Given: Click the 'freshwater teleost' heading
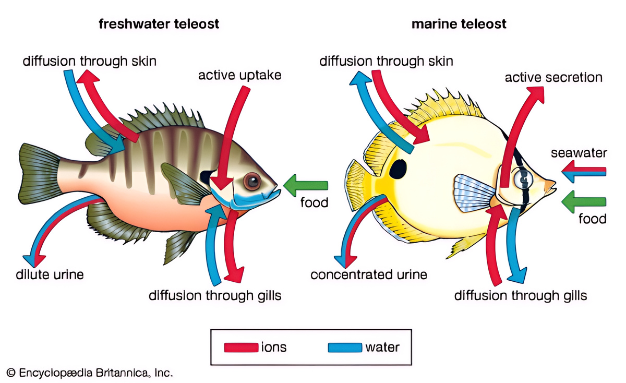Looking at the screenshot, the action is point(159,24).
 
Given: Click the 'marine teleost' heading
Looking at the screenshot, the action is point(459,24).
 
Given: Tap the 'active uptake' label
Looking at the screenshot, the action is point(239,75).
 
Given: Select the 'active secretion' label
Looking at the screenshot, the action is point(553,78).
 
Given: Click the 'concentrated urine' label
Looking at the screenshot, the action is point(369,274).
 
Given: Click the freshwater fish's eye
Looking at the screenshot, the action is point(253,182).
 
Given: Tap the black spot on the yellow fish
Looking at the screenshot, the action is point(398,169).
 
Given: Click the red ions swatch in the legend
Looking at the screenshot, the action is point(241,347).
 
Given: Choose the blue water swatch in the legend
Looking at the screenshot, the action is point(345,347).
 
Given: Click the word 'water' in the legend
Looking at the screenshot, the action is point(382,346).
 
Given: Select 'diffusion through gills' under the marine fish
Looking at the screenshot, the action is point(521,295).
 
